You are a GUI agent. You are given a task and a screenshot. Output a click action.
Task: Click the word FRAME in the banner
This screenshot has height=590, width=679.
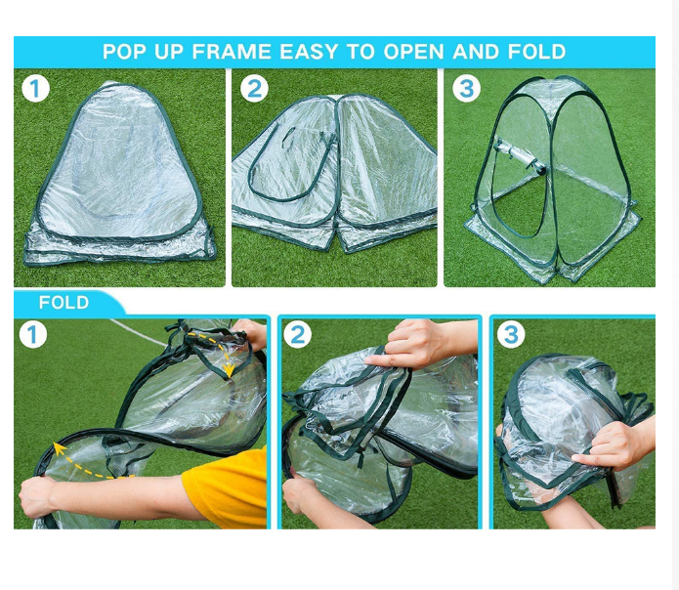click(x=232, y=52)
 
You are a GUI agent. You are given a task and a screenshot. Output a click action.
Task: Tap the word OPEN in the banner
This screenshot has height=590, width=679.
click(x=413, y=52)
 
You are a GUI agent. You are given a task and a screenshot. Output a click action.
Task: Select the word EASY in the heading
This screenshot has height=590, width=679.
click(x=309, y=52)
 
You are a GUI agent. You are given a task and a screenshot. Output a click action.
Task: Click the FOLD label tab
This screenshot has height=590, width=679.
click(x=64, y=302)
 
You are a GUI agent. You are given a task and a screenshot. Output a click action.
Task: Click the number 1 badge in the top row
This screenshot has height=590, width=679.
click(x=35, y=89)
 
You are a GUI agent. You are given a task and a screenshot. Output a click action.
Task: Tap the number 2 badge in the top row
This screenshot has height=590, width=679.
click(x=254, y=89)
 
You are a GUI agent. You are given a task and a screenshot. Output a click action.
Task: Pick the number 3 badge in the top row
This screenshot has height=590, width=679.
click(x=466, y=88)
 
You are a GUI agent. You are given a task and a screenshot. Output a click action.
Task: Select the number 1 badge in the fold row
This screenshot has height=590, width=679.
click(x=33, y=335)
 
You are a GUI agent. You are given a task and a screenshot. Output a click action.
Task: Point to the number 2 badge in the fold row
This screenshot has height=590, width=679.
click(x=298, y=335)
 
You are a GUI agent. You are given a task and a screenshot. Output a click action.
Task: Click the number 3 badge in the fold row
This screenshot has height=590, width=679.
click(x=511, y=334)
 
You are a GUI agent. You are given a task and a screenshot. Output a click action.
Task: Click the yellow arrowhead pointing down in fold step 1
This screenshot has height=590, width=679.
click(x=229, y=370)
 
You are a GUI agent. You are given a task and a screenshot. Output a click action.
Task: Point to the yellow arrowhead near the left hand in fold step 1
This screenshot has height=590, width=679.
click(x=59, y=449)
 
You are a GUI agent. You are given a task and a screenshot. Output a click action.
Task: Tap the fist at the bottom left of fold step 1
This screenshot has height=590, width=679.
click(x=38, y=497)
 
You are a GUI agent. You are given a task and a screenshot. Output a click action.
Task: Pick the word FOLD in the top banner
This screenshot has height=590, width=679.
click(x=536, y=52)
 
